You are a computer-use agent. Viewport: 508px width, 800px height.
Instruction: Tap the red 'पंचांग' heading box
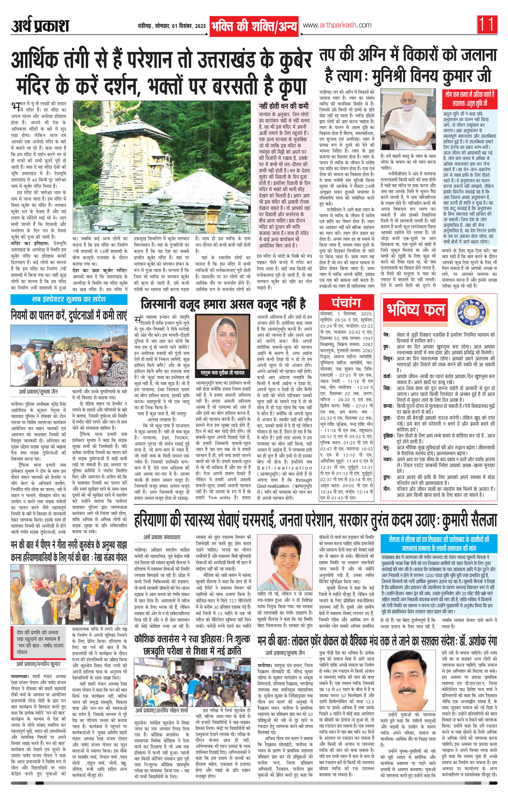tap(346, 303)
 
